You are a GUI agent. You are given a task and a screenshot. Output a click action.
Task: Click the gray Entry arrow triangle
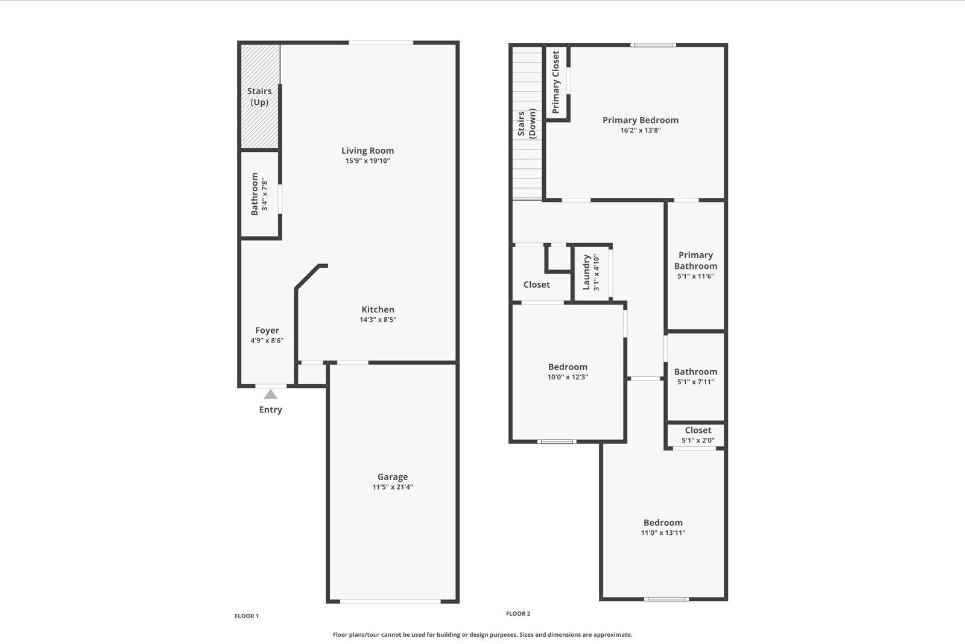click(271, 394)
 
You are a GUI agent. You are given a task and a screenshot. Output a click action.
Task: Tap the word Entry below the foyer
click(271, 410)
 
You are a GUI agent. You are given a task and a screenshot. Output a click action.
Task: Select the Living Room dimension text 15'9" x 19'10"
click(368, 161)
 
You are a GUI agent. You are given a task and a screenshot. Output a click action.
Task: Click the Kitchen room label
click(378, 309)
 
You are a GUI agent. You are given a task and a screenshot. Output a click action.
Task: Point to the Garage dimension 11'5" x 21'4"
click(393, 487)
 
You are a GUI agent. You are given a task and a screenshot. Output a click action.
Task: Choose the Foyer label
click(267, 330)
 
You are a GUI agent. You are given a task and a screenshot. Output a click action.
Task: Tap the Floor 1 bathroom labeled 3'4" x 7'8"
click(259, 194)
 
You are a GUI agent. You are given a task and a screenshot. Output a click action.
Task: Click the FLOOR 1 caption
click(247, 616)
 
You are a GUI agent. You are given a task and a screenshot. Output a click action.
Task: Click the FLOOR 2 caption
click(518, 614)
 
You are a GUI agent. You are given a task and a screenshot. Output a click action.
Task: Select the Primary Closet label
click(556, 81)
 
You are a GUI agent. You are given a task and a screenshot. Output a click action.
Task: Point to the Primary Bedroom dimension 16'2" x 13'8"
click(641, 130)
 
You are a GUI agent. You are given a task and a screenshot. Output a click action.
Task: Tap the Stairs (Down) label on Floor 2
click(527, 124)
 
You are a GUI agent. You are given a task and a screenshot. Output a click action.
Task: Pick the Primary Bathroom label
click(695, 260)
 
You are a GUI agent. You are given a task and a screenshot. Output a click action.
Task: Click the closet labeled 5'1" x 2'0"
click(698, 435)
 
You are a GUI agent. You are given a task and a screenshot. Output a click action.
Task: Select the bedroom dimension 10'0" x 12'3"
click(568, 377)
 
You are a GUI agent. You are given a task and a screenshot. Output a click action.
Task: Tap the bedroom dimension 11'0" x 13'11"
click(663, 533)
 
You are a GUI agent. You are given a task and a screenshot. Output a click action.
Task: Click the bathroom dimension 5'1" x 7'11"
click(695, 382)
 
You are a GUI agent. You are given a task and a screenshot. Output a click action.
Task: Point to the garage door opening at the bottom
click(390, 601)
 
